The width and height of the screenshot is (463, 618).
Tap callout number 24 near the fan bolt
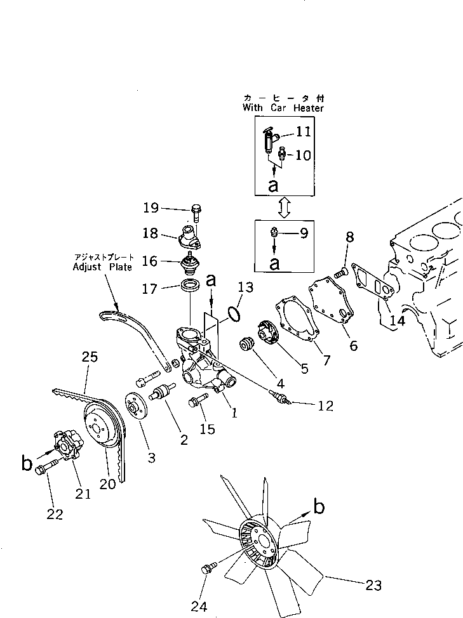(x=199, y=606)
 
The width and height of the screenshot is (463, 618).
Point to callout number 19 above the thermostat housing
(x=151, y=207)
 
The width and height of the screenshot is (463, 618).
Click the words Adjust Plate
(x=102, y=267)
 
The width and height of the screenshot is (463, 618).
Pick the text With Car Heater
(x=283, y=108)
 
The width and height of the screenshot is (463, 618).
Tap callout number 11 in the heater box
(x=304, y=132)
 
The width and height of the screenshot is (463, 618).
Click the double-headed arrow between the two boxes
(x=284, y=206)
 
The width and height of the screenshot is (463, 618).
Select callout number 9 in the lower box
(x=304, y=233)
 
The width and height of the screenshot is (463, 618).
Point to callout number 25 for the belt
(x=90, y=357)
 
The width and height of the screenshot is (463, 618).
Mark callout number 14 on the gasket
(x=397, y=321)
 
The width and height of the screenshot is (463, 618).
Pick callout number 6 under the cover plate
(x=353, y=346)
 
